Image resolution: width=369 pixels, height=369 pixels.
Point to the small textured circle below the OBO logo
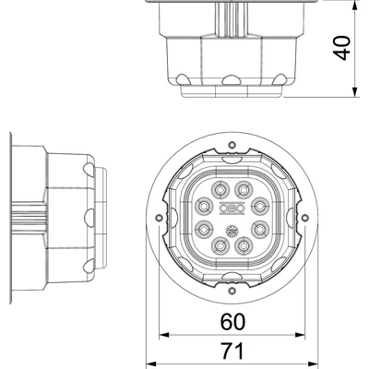pos(232,228)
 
